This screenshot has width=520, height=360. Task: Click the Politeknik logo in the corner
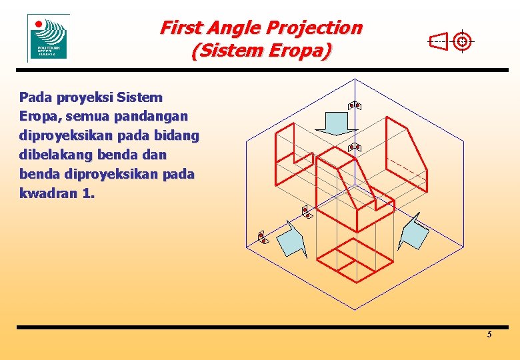tap(48, 37)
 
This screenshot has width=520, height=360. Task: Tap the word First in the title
tap(182, 28)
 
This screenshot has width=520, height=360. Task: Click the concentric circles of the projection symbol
tap(462, 41)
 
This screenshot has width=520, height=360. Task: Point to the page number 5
tap(489, 334)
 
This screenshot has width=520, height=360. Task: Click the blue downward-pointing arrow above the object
tap(335, 123)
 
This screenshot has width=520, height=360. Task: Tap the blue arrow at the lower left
tap(291, 239)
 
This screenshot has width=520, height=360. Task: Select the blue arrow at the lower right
tap(415, 232)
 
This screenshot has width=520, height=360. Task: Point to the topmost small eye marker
tap(354, 105)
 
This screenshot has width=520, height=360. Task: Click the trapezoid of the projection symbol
tap(439, 42)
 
